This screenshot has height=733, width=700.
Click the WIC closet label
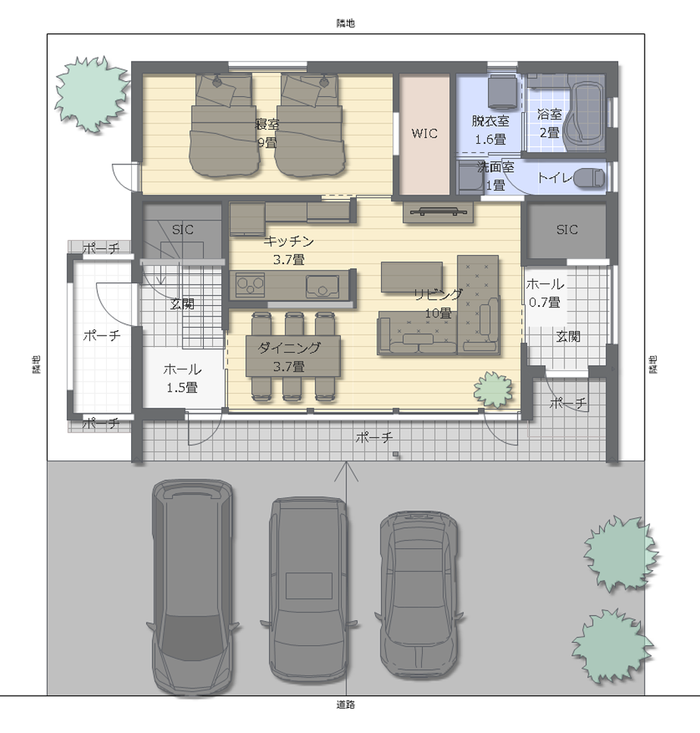click(424, 134)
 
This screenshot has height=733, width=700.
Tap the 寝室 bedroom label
click(267, 124)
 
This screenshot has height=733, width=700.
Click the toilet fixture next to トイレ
click(589, 178)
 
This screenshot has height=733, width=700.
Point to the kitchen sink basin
click(323, 286)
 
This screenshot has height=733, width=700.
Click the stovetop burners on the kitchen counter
click(250, 285)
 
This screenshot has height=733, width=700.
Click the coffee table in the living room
click(411, 277)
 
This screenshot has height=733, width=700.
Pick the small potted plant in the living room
click(493, 390)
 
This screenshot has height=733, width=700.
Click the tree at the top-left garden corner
click(92, 94)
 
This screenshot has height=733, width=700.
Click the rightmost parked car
click(419, 594)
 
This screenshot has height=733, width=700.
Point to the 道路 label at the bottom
click(345, 704)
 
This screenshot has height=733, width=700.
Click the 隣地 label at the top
click(345, 23)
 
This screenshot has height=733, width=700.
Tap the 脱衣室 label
click(490, 121)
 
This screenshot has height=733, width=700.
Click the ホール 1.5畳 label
click(183, 378)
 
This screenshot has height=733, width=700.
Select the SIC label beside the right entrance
click(567, 229)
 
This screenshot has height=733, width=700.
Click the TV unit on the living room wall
click(438, 212)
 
